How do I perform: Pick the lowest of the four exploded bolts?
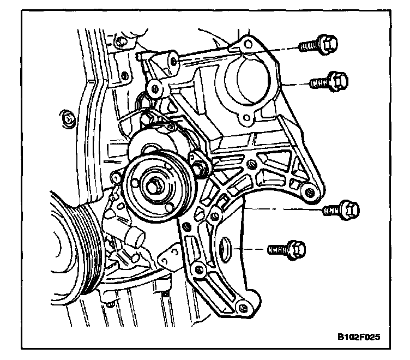pos(287,249)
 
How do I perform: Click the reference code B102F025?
pos(357,337)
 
